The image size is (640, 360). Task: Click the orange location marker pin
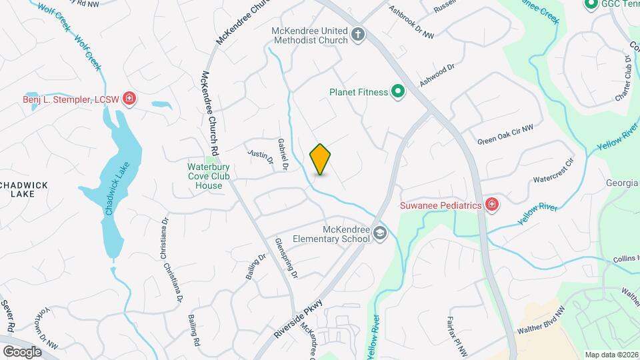[321, 159]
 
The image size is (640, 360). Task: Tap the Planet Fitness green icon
[398, 91]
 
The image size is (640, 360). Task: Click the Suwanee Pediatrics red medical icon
[492, 205]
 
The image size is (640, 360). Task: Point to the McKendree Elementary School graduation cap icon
[379, 233]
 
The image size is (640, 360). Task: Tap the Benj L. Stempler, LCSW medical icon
[129, 100]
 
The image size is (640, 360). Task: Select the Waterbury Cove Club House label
[205, 176]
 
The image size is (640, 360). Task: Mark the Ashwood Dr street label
[437, 75]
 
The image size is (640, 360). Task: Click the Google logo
[22, 351]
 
